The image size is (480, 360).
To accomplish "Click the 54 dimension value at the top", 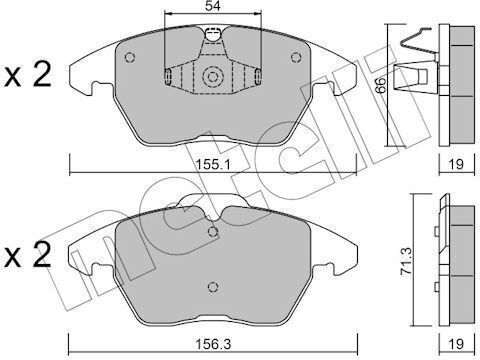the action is (x=213, y=6).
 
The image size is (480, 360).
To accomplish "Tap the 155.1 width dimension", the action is (x=213, y=164).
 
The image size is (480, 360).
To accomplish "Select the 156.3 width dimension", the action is (x=213, y=344).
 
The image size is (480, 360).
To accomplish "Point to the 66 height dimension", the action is (x=380, y=85).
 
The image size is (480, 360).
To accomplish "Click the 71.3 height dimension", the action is (x=406, y=261).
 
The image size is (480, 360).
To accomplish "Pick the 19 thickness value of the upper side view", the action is (x=456, y=164).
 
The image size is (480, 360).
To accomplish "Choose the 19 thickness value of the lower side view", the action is (x=456, y=344).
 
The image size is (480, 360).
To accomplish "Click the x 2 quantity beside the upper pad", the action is (x=28, y=75).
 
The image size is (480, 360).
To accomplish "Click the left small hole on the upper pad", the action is (x=130, y=57).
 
